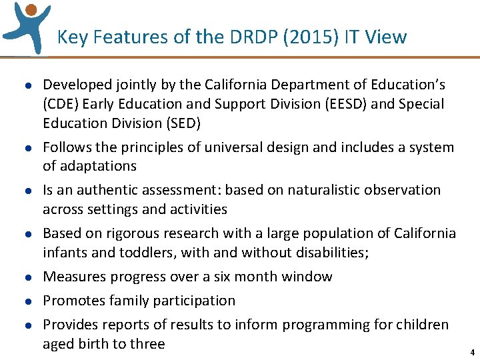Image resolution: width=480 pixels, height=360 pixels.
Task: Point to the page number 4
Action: point(472,353)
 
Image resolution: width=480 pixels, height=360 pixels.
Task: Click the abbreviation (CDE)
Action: point(61,104)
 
